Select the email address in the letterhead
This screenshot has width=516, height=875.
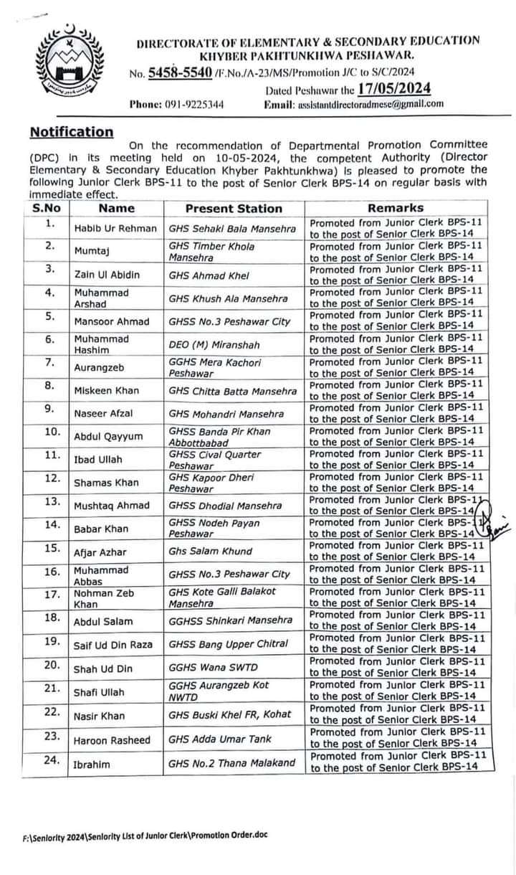(x=370, y=104)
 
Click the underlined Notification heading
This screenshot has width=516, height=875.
(x=71, y=132)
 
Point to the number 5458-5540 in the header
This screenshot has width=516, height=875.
(x=182, y=72)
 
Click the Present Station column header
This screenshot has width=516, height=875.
(x=234, y=209)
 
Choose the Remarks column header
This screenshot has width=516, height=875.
(x=398, y=209)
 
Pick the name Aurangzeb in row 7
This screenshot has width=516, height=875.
(x=100, y=367)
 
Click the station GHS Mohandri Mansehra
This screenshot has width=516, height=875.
(x=226, y=414)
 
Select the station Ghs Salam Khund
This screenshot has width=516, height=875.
(x=210, y=552)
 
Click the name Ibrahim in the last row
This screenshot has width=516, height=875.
(x=92, y=765)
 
